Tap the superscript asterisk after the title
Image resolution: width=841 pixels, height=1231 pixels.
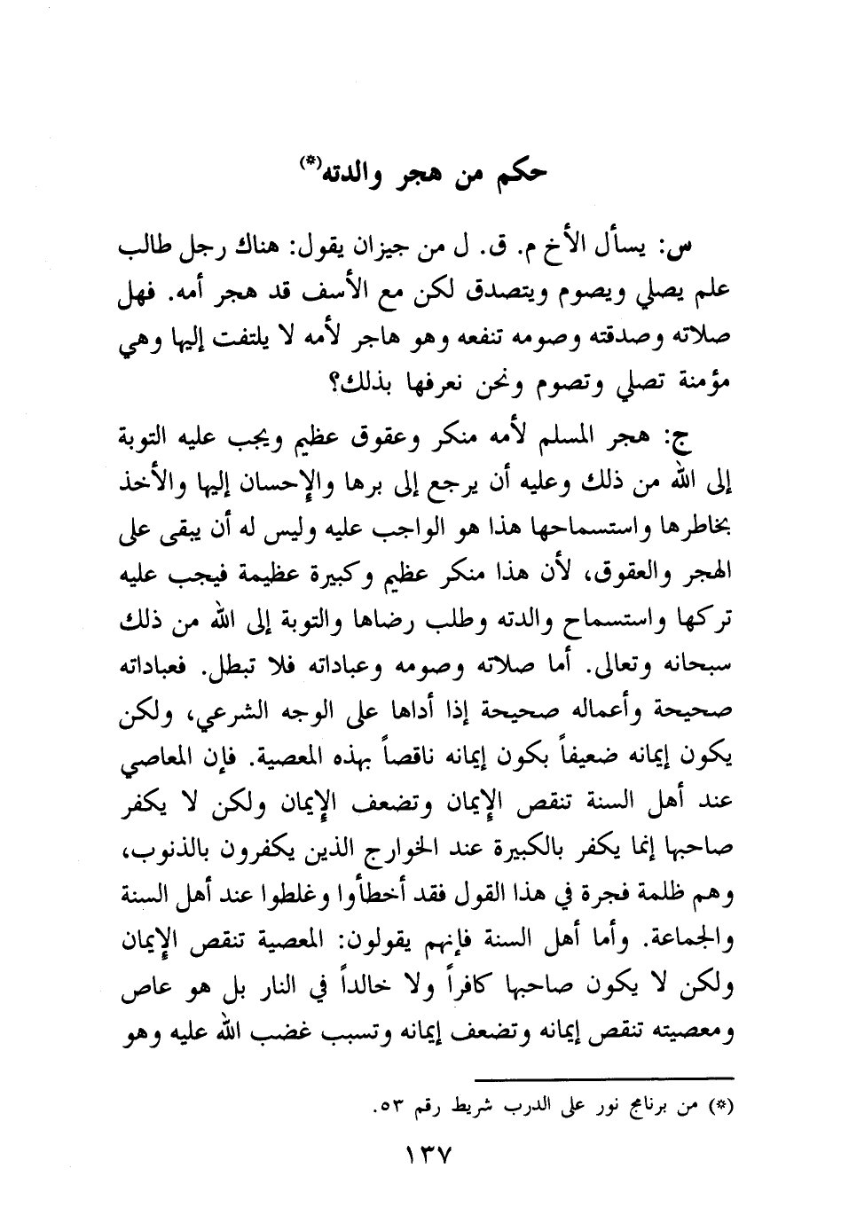pyautogui.click(x=310, y=161)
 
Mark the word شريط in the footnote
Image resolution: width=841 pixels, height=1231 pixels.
pyautogui.click(x=480, y=1107)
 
